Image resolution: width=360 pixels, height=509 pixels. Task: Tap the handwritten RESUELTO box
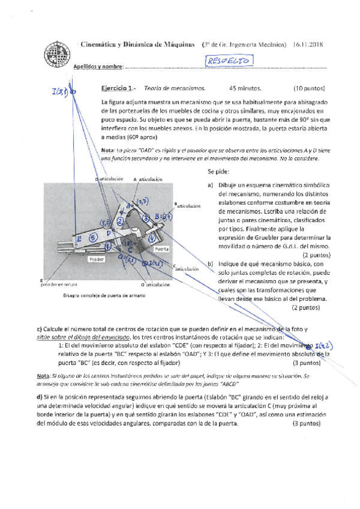[229, 60]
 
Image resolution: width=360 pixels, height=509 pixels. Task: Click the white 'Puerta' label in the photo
[161, 248]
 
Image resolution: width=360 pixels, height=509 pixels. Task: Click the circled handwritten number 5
[92, 238]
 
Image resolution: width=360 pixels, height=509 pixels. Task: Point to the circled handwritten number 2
[120, 221]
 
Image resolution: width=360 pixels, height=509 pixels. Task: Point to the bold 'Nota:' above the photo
[109, 149]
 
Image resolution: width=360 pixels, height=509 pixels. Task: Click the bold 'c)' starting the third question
[40, 329]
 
